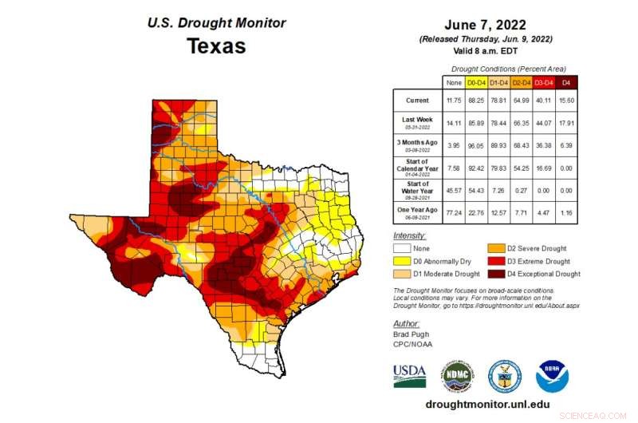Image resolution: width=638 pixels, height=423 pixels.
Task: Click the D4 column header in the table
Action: click(566, 81)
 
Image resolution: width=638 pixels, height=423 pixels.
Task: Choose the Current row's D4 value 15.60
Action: click(566, 101)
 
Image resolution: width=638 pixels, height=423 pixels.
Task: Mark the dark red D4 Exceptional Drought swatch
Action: click(493, 274)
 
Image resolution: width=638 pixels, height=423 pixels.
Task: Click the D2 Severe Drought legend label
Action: click(540, 249)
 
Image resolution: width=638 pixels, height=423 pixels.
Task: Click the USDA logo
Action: click(409, 374)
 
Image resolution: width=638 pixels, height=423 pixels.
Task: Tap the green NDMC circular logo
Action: click(458, 375)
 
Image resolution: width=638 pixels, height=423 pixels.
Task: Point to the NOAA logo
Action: click(552, 375)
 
